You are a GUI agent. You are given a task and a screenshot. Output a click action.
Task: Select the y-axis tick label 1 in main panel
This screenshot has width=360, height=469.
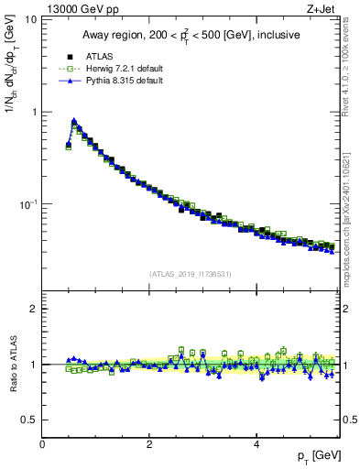pyautogui.click(x=35, y=112)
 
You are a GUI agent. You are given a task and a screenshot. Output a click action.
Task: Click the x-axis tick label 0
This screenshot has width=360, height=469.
pyautogui.click(x=42, y=444)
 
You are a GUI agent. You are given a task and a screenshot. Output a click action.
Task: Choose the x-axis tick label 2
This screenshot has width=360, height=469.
pyautogui.click(x=149, y=444)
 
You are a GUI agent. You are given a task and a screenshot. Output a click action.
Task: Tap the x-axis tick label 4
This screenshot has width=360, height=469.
pyautogui.click(x=256, y=444)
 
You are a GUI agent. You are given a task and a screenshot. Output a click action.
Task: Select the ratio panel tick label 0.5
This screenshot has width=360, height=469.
pyautogui.click(x=30, y=420)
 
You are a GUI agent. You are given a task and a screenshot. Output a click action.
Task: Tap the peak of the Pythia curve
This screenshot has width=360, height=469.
pyautogui.click(x=73, y=120)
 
